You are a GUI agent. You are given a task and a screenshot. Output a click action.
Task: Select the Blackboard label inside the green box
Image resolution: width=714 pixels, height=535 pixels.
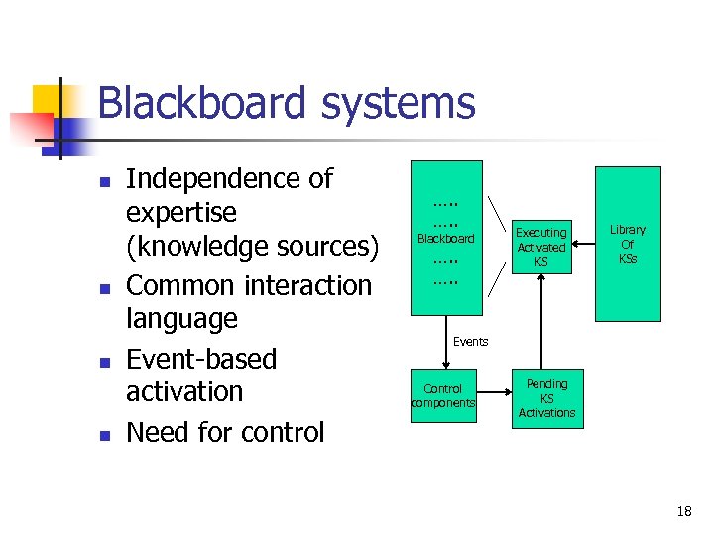tap(445, 239)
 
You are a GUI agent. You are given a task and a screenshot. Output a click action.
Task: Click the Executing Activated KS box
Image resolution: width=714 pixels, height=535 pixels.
tap(540, 247)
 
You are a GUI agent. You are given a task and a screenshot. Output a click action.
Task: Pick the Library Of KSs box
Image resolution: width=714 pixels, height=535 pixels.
tap(627, 244)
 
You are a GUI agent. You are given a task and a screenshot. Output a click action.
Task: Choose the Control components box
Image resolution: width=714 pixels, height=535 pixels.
tap(443, 396)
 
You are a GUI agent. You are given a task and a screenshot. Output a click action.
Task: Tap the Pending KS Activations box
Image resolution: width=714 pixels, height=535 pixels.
tap(546, 398)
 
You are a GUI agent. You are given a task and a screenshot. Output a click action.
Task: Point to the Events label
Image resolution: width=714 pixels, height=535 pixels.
tap(470, 342)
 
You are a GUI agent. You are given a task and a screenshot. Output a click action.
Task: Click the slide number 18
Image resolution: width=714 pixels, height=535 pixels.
tap(683, 511)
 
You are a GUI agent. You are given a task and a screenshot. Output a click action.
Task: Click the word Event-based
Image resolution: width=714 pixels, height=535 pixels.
tap(201, 359)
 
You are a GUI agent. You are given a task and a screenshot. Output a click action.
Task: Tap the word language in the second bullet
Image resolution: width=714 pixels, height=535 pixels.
tap(182, 319)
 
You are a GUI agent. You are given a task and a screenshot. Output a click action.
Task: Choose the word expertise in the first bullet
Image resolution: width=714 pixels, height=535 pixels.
tap(181, 213)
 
